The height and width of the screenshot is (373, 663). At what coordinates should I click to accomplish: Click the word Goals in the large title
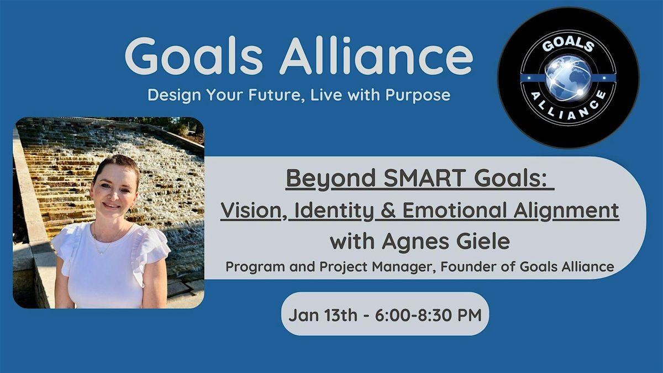194,56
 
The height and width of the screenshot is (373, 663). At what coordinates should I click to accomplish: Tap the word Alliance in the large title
376,56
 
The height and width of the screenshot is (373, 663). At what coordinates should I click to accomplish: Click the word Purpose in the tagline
418,95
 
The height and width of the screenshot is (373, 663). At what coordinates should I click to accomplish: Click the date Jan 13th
323,314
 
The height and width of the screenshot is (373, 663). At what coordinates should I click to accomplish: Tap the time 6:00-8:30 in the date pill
414,314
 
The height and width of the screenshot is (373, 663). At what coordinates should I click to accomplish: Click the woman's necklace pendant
102,253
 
